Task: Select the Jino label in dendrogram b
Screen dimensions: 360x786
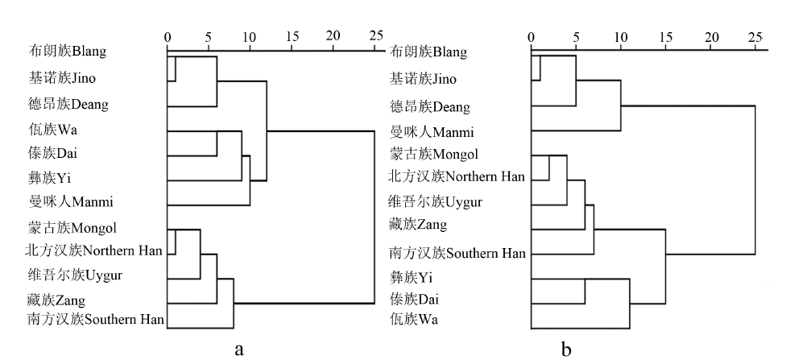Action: pos(423,79)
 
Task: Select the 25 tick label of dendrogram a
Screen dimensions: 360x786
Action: pos(374,36)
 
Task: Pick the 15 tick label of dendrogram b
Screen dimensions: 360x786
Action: pos(664,37)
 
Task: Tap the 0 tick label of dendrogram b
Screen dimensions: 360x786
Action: pos(531,37)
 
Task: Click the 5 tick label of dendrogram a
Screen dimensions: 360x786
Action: pos(209,36)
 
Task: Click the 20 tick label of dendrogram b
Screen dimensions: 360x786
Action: pos(711,37)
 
